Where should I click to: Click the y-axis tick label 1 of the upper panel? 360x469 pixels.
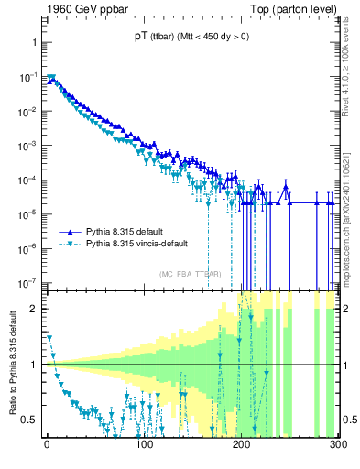click(33, 43)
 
